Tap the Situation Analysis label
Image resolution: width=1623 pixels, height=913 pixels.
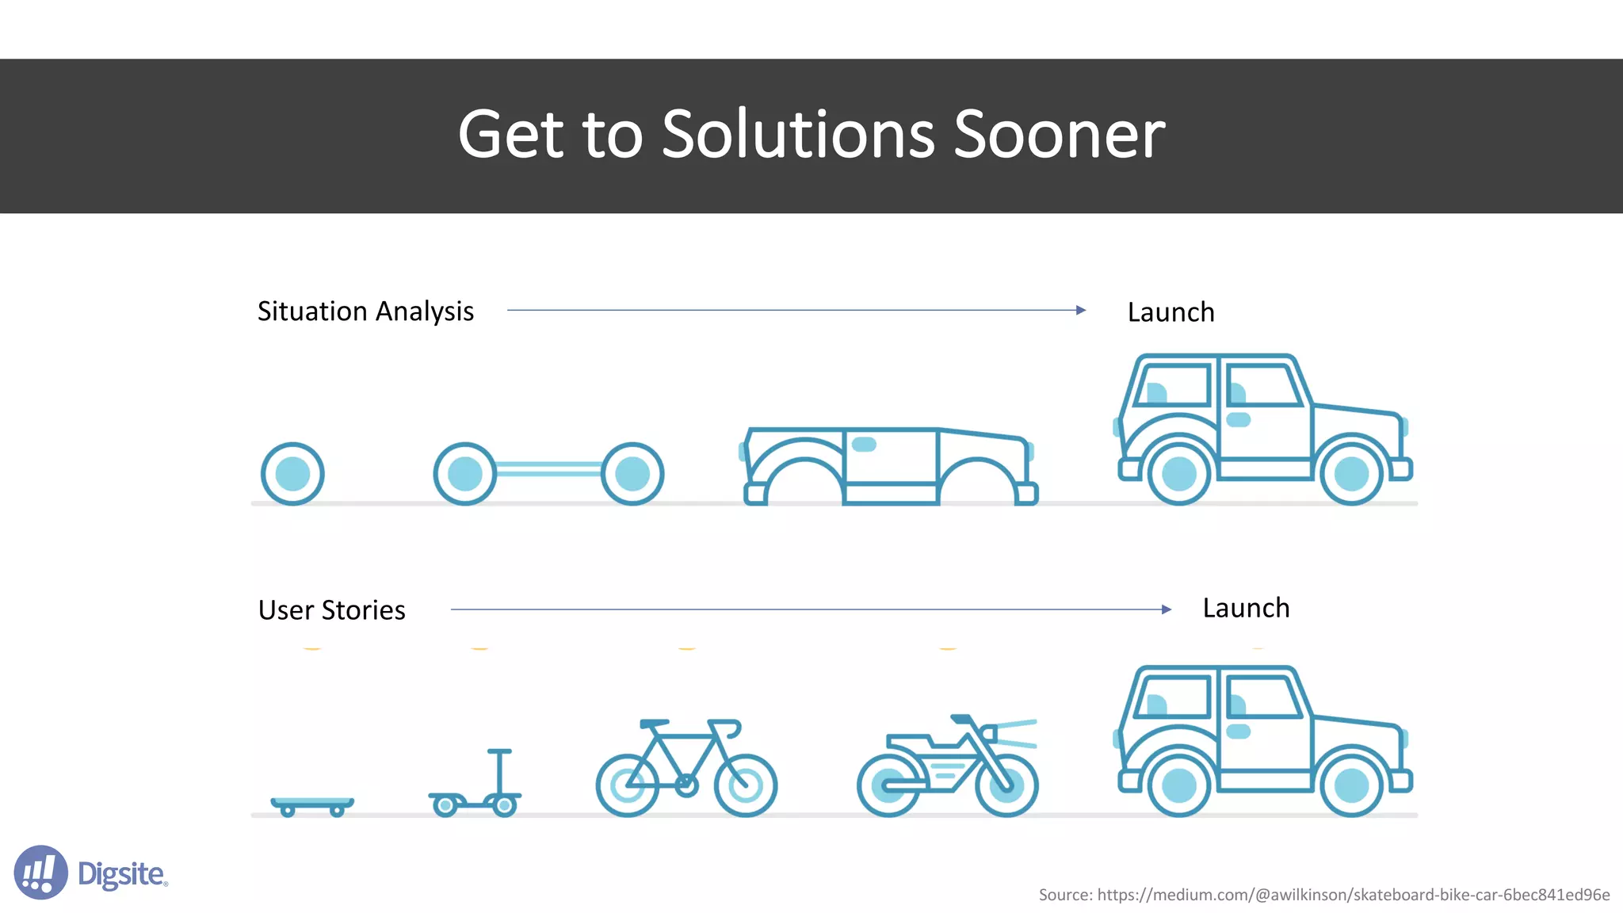click(365, 311)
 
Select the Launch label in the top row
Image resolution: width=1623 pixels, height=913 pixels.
click(1170, 312)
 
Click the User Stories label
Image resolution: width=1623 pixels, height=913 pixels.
click(331, 610)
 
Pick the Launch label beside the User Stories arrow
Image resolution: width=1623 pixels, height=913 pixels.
click(1246, 608)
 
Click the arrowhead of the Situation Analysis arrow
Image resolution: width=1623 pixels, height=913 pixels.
click(1081, 310)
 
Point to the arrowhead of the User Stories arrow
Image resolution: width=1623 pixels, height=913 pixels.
click(1167, 609)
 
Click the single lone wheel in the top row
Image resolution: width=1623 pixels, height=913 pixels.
click(292, 474)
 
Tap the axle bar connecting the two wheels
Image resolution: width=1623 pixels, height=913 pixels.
click(548, 469)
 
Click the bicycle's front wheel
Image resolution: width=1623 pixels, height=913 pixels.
click(745, 785)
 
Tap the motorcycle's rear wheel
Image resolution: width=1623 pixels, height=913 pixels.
click(888, 785)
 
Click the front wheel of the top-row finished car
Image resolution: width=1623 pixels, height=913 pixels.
click(1351, 474)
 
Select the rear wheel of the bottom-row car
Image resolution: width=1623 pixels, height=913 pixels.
click(1178, 786)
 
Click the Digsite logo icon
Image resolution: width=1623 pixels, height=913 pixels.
click(40, 873)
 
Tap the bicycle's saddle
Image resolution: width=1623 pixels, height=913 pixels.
click(654, 724)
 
